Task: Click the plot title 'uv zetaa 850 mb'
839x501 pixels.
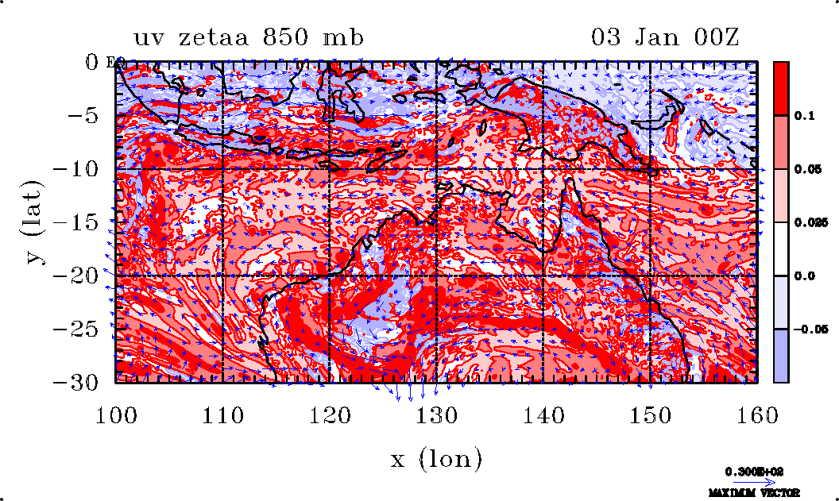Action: (249, 37)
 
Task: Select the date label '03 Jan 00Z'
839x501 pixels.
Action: (665, 37)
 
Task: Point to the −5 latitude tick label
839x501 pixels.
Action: (83, 115)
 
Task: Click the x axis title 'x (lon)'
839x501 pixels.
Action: (436, 459)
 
